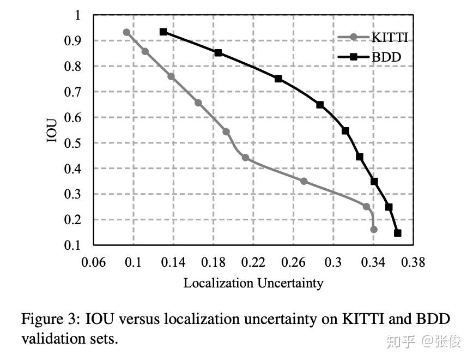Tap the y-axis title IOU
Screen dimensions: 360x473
coord(52,129)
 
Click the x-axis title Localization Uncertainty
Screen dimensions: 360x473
coord(253,283)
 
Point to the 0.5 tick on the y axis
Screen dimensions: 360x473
coord(73,143)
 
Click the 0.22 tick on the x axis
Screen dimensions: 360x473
coord(253,263)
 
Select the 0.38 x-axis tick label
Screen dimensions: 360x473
coord(413,263)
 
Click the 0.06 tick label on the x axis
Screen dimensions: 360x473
coord(93,263)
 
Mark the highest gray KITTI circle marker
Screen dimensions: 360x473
coord(126,32)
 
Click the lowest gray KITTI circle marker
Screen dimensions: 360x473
coord(373,229)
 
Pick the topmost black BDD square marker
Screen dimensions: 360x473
coord(163,32)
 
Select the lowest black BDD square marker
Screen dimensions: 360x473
coord(397,233)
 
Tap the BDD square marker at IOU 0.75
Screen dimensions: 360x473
coord(278,79)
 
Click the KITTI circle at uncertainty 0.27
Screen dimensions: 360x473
coord(304,181)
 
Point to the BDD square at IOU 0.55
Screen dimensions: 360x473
coord(345,130)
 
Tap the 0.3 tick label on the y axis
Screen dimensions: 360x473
coord(73,194)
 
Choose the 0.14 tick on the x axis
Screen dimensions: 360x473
coord(174,263)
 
